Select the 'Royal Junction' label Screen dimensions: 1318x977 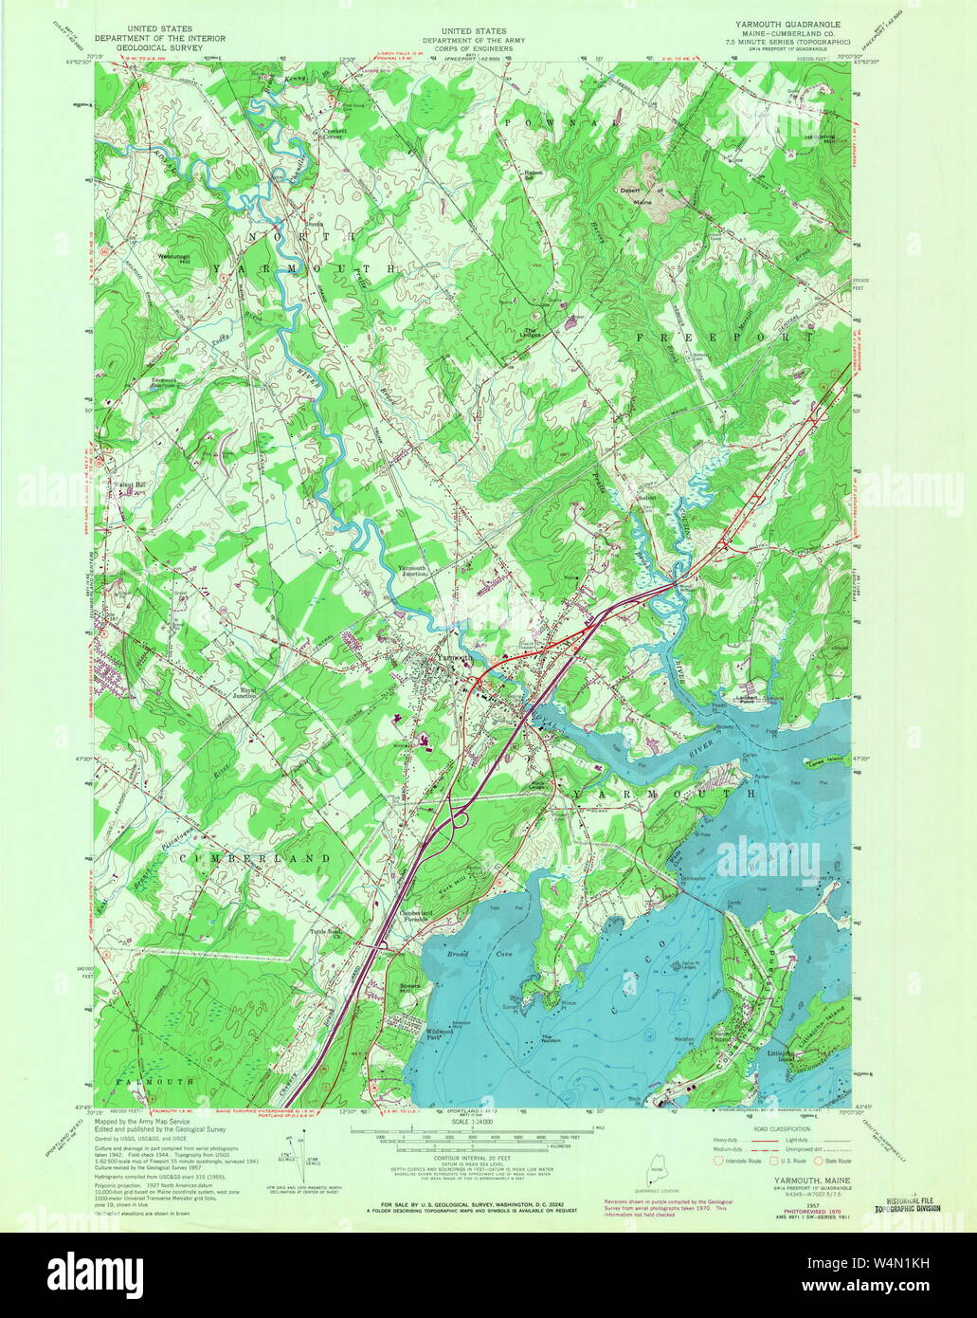pyautogui.click(x=248, y=693)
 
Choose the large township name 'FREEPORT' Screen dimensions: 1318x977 pyautogui.click(x=725, y=337)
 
